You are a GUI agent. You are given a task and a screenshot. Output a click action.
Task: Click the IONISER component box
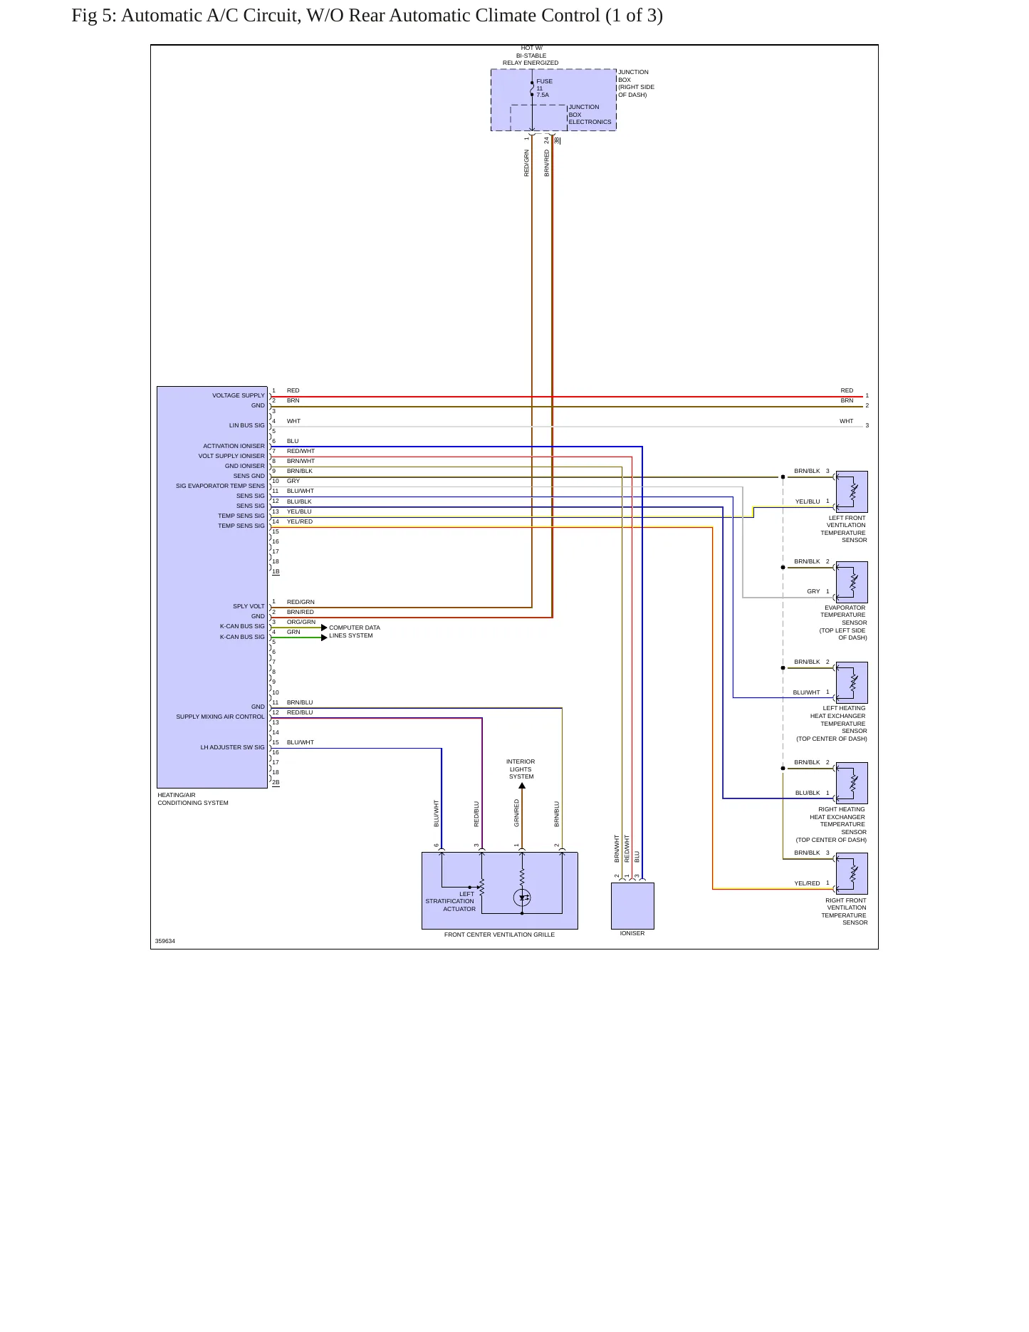click(632, 906)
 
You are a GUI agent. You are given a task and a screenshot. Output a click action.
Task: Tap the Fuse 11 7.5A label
click(544, 88)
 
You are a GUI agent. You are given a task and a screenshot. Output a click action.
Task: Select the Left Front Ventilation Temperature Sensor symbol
click(852, 491)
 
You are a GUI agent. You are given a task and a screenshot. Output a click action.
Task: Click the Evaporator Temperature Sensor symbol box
click(852, 582)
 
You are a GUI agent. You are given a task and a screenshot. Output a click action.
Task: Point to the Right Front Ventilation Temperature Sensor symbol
click(852, 873)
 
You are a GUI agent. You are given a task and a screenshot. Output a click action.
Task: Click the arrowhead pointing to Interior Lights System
click(522, 786)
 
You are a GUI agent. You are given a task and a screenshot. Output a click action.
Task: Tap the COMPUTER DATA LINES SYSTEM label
click(355, 632)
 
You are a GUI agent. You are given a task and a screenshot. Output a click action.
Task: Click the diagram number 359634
click(165, 941)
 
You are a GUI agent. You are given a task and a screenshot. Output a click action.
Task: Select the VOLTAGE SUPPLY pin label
click(239, 395)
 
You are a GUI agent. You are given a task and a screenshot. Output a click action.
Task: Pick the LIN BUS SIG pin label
click(246, 425)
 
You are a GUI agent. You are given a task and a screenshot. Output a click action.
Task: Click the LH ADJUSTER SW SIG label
click(232, 747)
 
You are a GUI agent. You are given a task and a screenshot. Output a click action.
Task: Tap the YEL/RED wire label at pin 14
click(300, 521)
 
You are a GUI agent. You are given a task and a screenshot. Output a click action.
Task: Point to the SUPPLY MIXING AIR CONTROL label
click(220, 717)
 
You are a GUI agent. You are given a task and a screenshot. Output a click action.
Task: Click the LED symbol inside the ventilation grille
click(522, 897)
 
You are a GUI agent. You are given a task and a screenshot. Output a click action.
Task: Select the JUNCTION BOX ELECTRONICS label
click(590, 115)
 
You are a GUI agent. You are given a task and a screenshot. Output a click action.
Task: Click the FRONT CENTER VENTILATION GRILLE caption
click(499, 935)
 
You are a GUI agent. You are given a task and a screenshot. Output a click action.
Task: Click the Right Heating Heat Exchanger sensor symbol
click(852, 783)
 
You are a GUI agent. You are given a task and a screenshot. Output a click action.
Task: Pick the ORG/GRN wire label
click(301, 622)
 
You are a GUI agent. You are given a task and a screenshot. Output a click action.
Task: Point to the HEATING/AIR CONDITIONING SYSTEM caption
click(193, 798)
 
